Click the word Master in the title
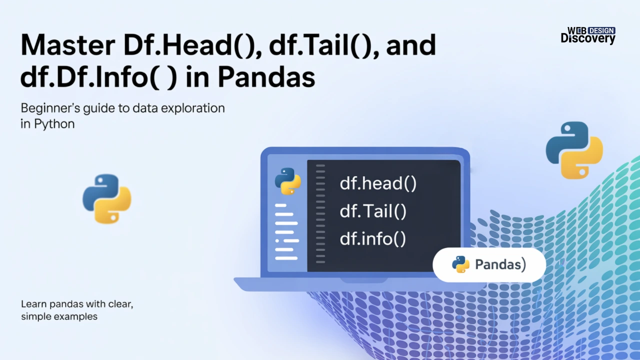[68, 45]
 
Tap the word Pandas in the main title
[266, 77]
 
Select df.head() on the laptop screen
[378, 183]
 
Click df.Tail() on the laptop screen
[373, 211]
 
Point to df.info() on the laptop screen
[372, 238]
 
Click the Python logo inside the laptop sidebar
[287, 181]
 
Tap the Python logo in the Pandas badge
[460, 264]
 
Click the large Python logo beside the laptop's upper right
[574, 150]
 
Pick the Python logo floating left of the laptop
[107, 199]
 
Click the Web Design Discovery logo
[588, 35]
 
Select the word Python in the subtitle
[54, 124]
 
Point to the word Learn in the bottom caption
[33, 304]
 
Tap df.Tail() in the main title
[323, 45]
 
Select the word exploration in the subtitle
[193, 108]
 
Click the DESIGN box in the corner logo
[601, 30]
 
